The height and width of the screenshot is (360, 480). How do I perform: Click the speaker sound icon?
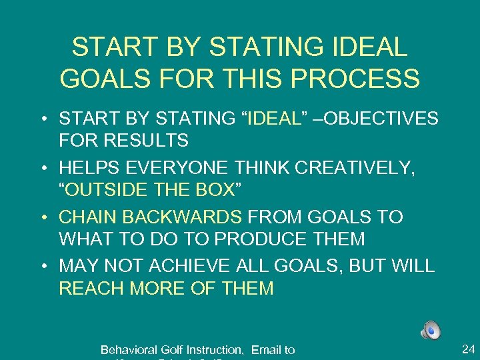431,329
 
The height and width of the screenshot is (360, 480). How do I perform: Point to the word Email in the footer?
267,349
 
